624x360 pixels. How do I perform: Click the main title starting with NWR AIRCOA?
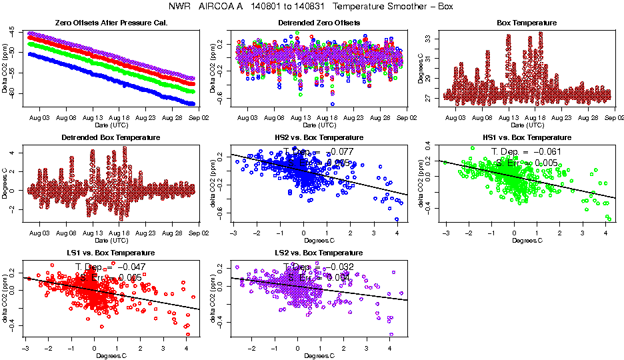click(311, 7)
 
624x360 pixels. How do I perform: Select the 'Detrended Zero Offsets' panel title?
click(319, 23)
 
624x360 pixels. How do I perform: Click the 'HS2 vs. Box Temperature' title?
click(319, 137)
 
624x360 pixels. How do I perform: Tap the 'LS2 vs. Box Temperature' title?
click(319, 253)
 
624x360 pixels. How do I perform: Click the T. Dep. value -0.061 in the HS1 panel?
click(542, 151)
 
